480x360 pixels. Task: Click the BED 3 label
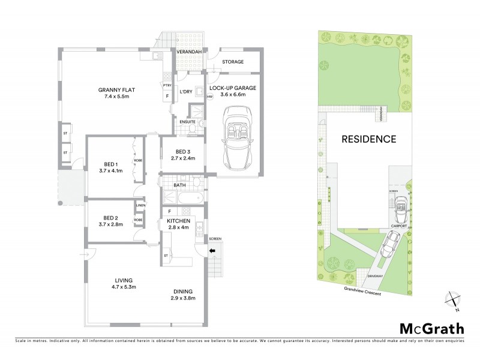coord(183,152)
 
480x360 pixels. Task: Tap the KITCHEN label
coord(178,221)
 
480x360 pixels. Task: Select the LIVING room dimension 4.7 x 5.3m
coord(124,288)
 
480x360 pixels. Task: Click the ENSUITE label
coord(187,122)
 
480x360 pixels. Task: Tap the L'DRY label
coord(187,91)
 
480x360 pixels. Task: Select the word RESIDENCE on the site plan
coord(368,139)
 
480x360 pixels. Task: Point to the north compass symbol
coord(453,301)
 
